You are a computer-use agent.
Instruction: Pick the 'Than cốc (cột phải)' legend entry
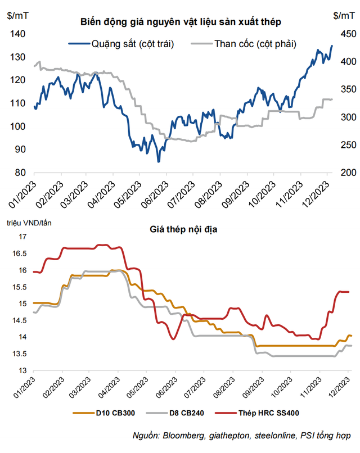click(x=255, y=43)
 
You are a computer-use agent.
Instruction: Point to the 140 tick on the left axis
click(x=19, y=34)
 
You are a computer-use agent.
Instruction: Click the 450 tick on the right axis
click(x=342, y=34)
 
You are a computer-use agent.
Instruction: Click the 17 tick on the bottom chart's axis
click(x=22, y=237)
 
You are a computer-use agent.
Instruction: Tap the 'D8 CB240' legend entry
click(x=186, y=414)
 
